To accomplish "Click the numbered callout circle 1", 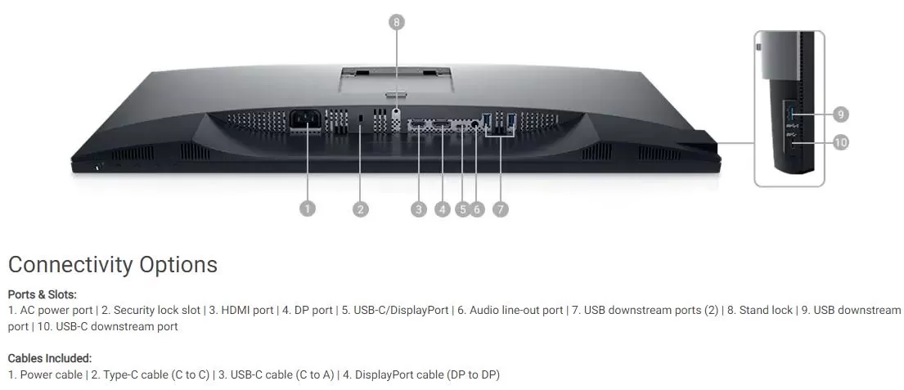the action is (308, 208).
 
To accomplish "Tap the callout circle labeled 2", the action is (360, 208).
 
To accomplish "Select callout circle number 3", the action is (419, 208).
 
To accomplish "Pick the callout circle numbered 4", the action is (443, 208).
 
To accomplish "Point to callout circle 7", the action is (501, 208).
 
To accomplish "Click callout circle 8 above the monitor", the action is (396, 22).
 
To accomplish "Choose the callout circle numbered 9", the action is (840, 114).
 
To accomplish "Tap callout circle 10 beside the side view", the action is (840, 141).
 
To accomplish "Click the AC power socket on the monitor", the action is (306, 120).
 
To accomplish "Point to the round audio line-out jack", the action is (475, 123).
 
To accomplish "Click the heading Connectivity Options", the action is (113, 264).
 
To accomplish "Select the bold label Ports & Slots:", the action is (42, 294).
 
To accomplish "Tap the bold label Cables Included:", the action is (50, 358).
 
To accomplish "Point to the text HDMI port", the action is (247, 311).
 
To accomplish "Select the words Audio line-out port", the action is (516, 311).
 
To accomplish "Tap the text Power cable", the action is (52, 375).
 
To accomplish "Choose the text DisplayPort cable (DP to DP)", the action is (427, 375).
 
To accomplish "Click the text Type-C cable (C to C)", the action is (156, 375).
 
